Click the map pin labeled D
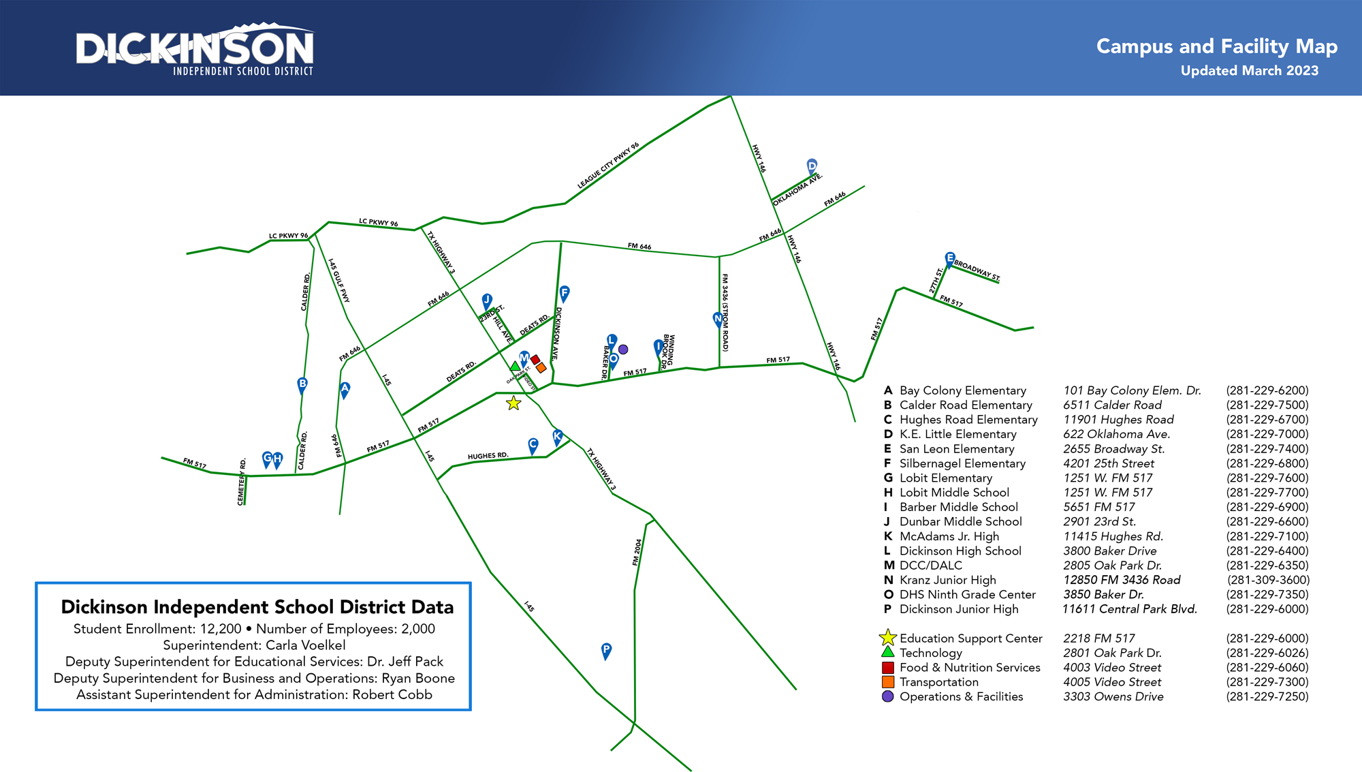click(x=812, y=166)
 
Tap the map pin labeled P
click(x=606, y=650)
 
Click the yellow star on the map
click(x=513, y=403)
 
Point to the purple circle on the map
click(x=623, y=350)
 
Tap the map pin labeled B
click(x=302, y=384)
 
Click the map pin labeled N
click(x=718, y=319)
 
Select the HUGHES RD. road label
click(x=488, y=456)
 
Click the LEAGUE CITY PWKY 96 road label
click(x=608, y=166)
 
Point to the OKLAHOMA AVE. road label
click(x=797, y=189)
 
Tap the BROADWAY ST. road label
click(x=977, y=270)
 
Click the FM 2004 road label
click(x=637, y=552)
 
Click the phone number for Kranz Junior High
click(x=1268, y=580)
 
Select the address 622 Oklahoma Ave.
click(x=1116, y=434)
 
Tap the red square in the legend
click(x=887, y=668)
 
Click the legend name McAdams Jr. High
click(x=949, y=536)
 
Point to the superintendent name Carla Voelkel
click(x=305, y=645)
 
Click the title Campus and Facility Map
click(x=1216, y=46)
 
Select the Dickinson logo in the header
click(x=195, y=51)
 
